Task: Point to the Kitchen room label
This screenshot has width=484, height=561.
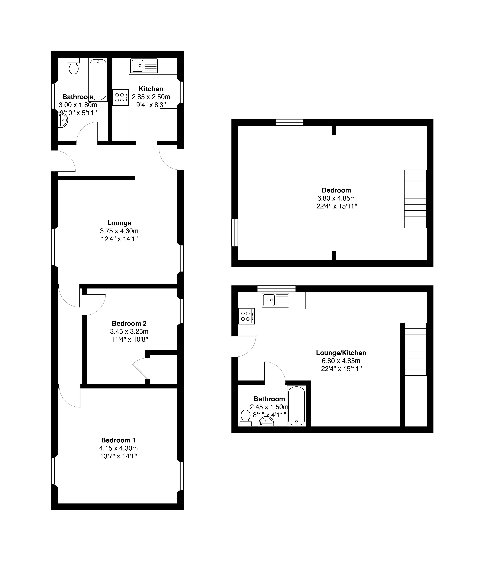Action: [x=151, y=89]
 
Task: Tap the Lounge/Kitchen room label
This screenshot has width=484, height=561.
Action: [x=341, y=353]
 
